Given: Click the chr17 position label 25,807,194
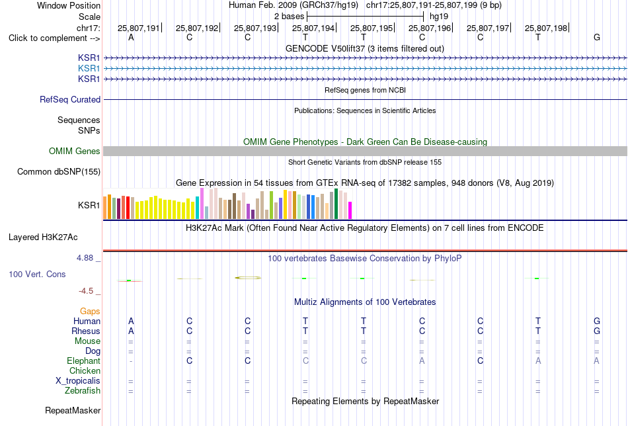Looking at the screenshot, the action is (313, 28).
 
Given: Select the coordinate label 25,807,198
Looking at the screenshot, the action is (546, 28).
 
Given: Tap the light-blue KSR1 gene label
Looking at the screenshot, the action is (89, 69).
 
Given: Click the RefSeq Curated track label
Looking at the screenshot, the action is (70, 99).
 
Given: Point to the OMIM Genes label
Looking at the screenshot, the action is (75, 151).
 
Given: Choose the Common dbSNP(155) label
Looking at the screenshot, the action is (59, 171).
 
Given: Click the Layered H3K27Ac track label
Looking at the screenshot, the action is (43, 237).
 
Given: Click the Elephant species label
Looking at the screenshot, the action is (83, 361).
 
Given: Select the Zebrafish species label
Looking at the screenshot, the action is (83, 390).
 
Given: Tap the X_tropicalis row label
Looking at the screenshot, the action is (78, 381).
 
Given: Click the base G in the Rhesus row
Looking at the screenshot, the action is (597, 331).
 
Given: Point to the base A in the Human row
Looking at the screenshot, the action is (131, 321).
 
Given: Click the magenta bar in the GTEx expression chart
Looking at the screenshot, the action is (350, 210).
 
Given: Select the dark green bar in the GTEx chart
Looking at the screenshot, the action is (336, 204).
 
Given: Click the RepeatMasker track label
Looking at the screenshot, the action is (73, 410).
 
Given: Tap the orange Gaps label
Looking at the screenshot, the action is (90, 312).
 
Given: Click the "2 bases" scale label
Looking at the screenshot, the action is (289, 17).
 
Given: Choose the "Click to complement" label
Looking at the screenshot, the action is (54, 38).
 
